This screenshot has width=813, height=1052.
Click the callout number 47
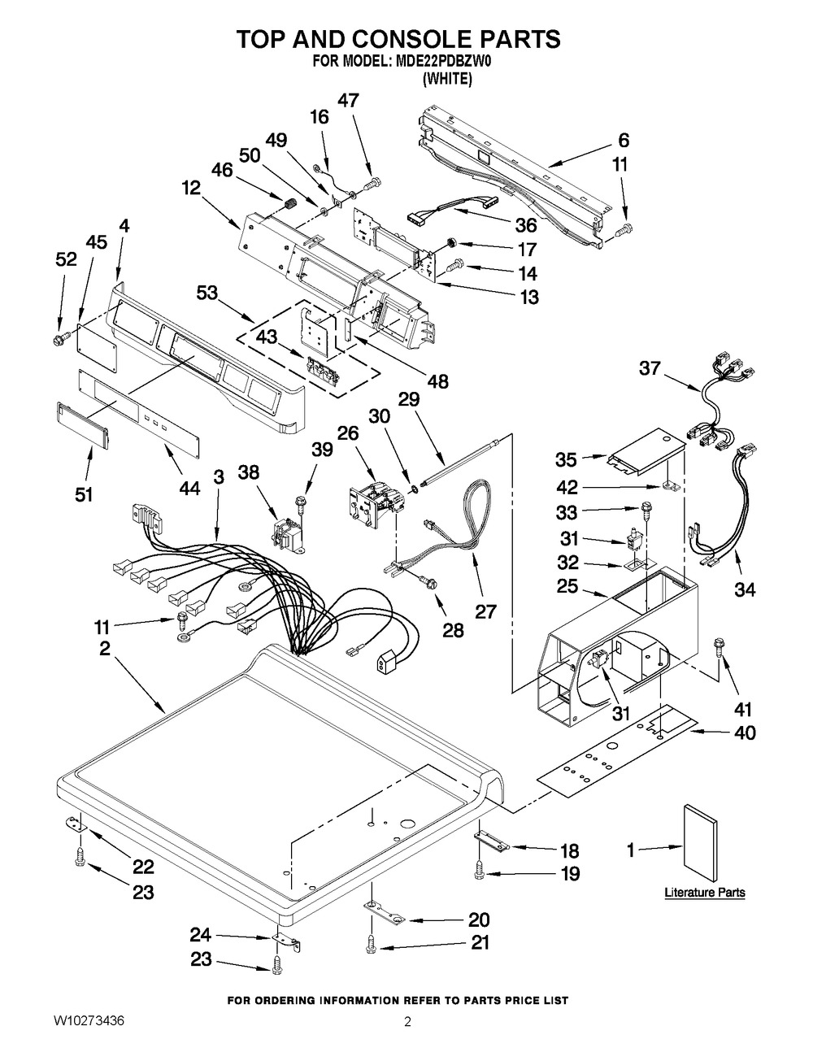348,100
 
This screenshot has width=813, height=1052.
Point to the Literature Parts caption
704,892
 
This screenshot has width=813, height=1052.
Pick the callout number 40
745,732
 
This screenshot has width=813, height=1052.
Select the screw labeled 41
718,648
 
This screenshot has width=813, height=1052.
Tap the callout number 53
207,293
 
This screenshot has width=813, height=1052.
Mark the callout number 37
650,368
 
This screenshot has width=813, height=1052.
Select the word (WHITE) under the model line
447,78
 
